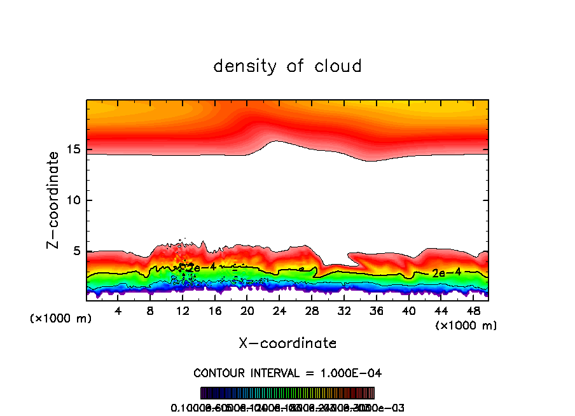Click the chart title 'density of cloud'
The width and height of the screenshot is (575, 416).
(287, 66)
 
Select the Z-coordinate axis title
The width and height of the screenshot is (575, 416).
(53, 200)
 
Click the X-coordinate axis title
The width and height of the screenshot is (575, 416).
(287, 343)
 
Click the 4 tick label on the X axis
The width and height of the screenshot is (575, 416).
(118, 311)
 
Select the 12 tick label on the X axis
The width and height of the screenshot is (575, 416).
(183, 311)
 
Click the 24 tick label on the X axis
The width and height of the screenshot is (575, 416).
(279, 311)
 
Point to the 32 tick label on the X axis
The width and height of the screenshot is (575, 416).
(344, 311)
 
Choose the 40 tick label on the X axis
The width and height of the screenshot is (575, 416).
(408, 311)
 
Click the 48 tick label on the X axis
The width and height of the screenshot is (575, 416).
(473, 311)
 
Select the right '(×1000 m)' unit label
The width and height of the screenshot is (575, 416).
(466, 326)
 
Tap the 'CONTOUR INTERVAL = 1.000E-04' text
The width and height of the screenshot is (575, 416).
(287, 373)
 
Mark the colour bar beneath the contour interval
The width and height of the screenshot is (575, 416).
(287, 393)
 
